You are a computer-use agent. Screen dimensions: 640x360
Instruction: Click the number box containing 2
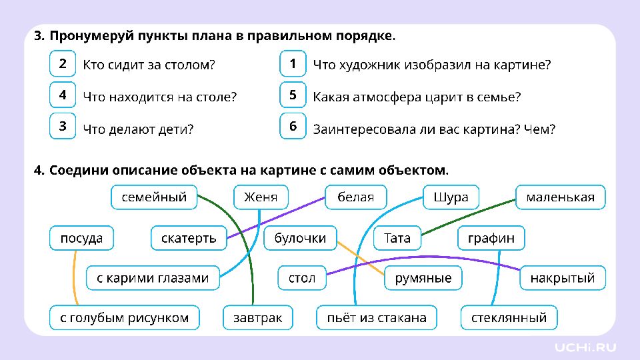63,64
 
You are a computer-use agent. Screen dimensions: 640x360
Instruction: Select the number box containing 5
293,95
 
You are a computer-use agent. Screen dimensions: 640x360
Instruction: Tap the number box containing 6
293,126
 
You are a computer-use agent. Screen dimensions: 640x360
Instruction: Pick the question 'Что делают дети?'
138,129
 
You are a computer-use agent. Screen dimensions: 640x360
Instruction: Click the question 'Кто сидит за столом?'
149,65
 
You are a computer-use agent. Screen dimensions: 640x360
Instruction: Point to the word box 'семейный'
154,197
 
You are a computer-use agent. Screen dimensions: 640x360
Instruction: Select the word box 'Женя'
261,197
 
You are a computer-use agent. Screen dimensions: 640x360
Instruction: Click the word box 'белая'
355,197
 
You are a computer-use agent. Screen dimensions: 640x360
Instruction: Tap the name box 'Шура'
451,197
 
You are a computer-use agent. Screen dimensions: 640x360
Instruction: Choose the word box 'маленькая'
561,197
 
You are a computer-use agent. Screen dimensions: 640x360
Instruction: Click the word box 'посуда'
81,238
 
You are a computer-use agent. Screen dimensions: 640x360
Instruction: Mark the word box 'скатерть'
189,238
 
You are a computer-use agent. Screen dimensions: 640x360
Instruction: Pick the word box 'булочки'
300,238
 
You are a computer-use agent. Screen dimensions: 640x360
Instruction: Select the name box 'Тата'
397,238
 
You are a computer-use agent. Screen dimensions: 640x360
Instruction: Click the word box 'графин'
491,238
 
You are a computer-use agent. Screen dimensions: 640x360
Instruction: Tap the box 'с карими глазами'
153,278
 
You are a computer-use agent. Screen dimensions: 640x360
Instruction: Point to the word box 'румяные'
423,278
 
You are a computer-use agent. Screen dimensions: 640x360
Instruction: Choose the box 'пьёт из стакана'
377,317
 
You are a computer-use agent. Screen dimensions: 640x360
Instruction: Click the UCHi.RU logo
585,347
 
